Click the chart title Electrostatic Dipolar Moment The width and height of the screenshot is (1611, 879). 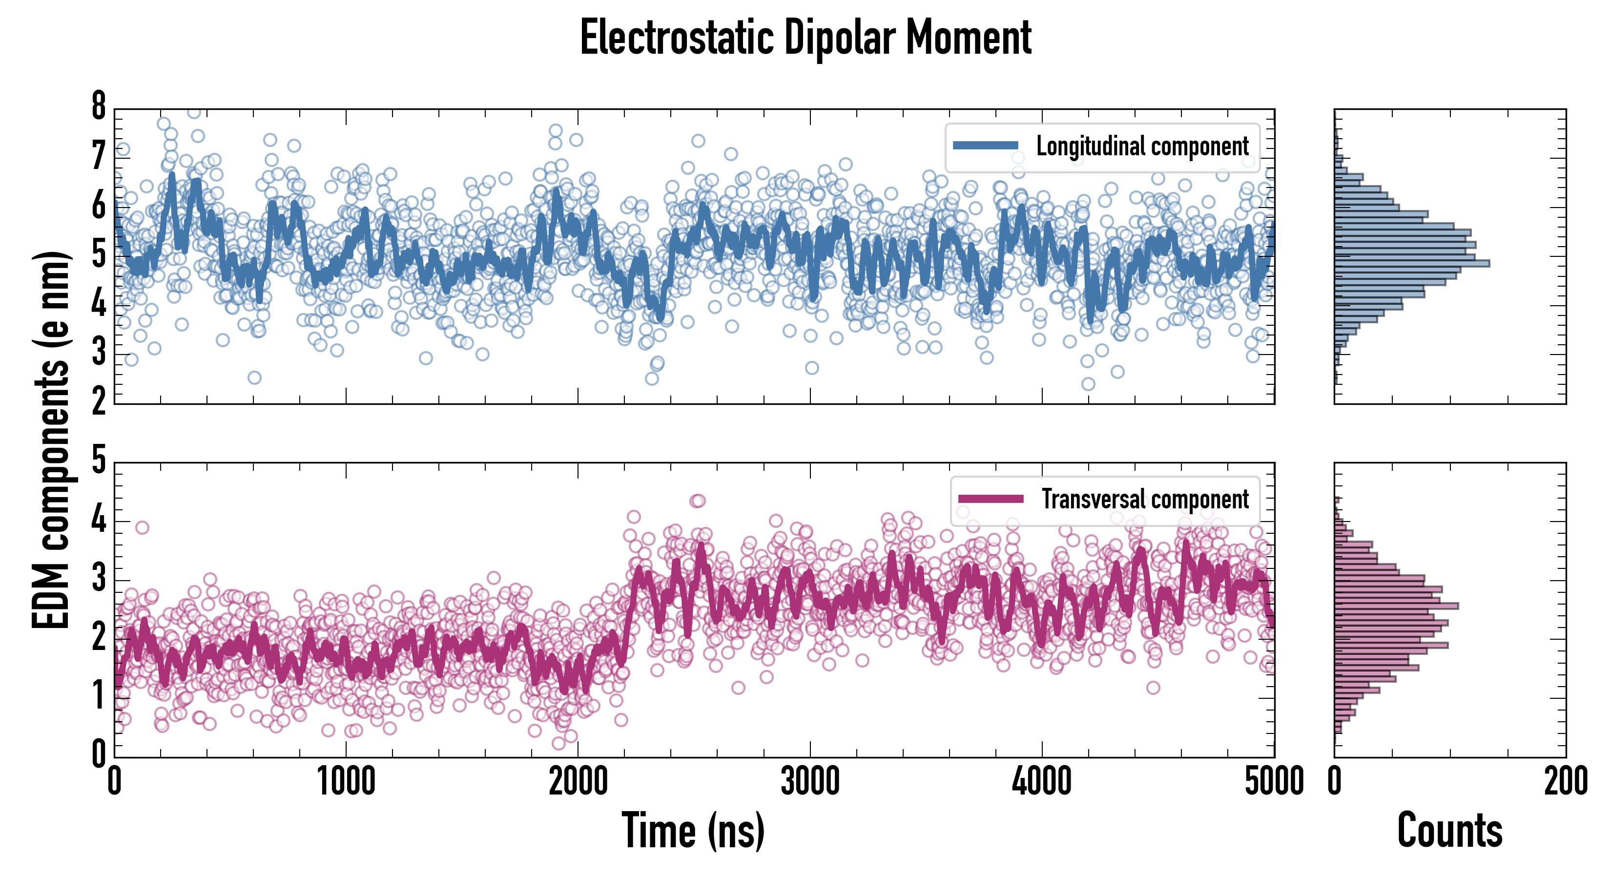tap(805, 38)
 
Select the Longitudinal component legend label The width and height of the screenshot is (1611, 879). tap(1142, 146)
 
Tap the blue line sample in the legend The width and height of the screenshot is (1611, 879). tap(986, 146)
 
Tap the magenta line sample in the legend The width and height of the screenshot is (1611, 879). tap(991, 499)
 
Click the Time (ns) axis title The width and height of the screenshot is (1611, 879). tap(693, 831)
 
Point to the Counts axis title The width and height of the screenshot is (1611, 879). tap(1449, 831)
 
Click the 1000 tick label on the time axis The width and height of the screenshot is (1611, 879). tap(346, 782)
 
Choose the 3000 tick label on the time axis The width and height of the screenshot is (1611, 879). tap(810, 782)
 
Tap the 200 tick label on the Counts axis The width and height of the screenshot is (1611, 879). tap(1565, 782)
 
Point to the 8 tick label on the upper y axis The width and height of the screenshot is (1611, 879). tap(99, 106)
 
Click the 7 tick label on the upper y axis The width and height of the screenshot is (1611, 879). tap(99, 156)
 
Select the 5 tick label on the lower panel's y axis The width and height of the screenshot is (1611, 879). tap(99, 460)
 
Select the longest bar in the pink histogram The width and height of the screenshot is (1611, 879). tap(1396, 606)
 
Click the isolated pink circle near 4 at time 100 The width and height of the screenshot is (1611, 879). tap(142, 527)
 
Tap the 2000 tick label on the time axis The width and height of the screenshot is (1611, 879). tap(578, 782)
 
